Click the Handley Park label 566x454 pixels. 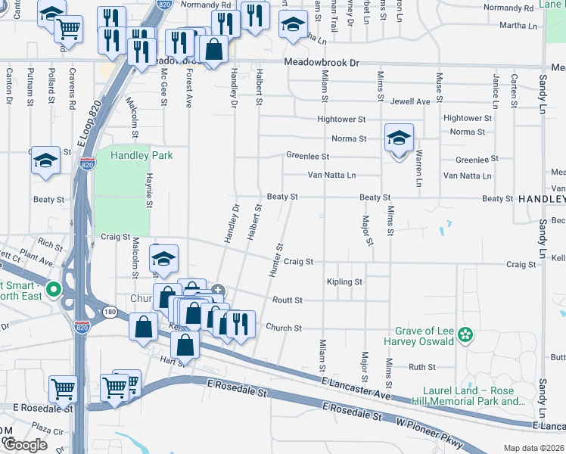141,156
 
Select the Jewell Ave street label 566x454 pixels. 410,101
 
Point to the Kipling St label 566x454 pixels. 344,282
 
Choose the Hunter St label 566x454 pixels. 275,260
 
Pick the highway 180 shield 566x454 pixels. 110,311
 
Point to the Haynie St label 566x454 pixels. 149,189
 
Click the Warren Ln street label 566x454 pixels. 418,169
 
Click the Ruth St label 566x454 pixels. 421,367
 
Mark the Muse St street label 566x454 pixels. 439,86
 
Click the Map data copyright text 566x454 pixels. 534,448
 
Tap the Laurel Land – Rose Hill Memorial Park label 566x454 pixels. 468,396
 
